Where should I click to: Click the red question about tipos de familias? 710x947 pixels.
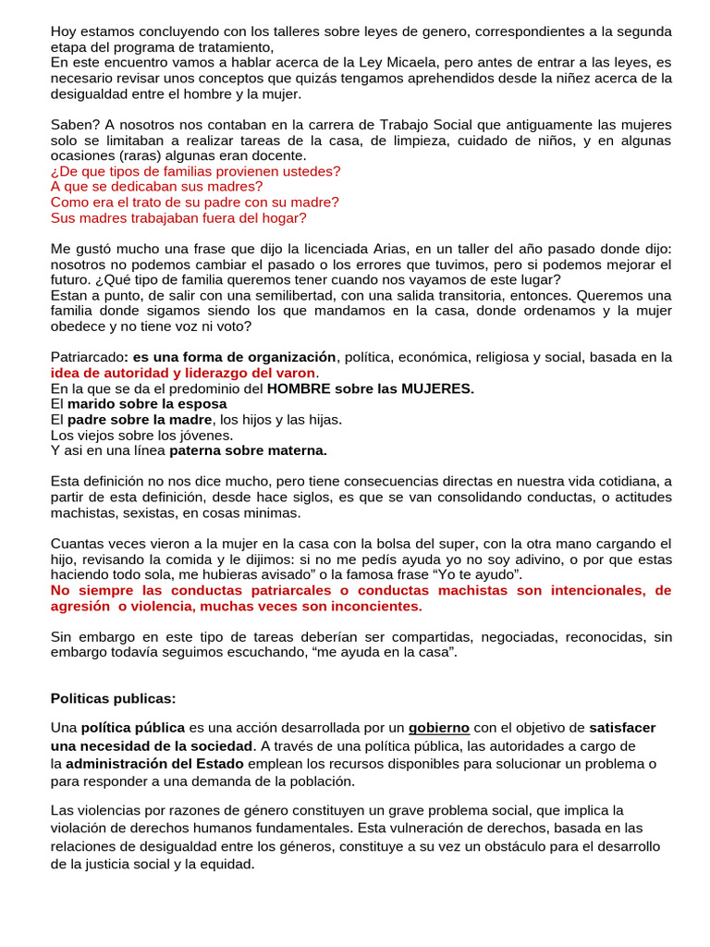coord(195,171)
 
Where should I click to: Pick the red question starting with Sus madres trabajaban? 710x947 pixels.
coord(177,218)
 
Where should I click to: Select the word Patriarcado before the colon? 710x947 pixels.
coord(87,358)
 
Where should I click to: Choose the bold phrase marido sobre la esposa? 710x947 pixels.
coord(146,404)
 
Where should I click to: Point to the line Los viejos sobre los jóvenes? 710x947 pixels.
coord(141,436)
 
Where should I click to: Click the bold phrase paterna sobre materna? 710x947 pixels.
coord(247,451)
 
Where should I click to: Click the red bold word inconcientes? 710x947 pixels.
coord(373,607)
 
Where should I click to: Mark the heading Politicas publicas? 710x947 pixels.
coord(113,697)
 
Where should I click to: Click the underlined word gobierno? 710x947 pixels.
coord(439,728)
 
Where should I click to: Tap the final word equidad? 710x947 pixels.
coord(224,865)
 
